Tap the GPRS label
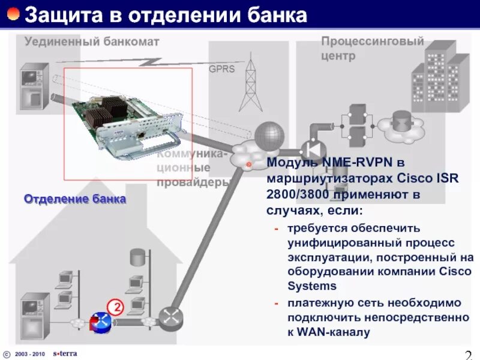click(x=221, y=69)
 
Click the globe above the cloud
click(x=268, y=134)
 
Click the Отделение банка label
click(x=75, y=199)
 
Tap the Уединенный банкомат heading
click(x=92, y=41)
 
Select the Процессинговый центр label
click(x=372, y=48)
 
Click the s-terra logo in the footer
click(x=65, y=353)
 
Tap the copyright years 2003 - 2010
click(x=30, y=353)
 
